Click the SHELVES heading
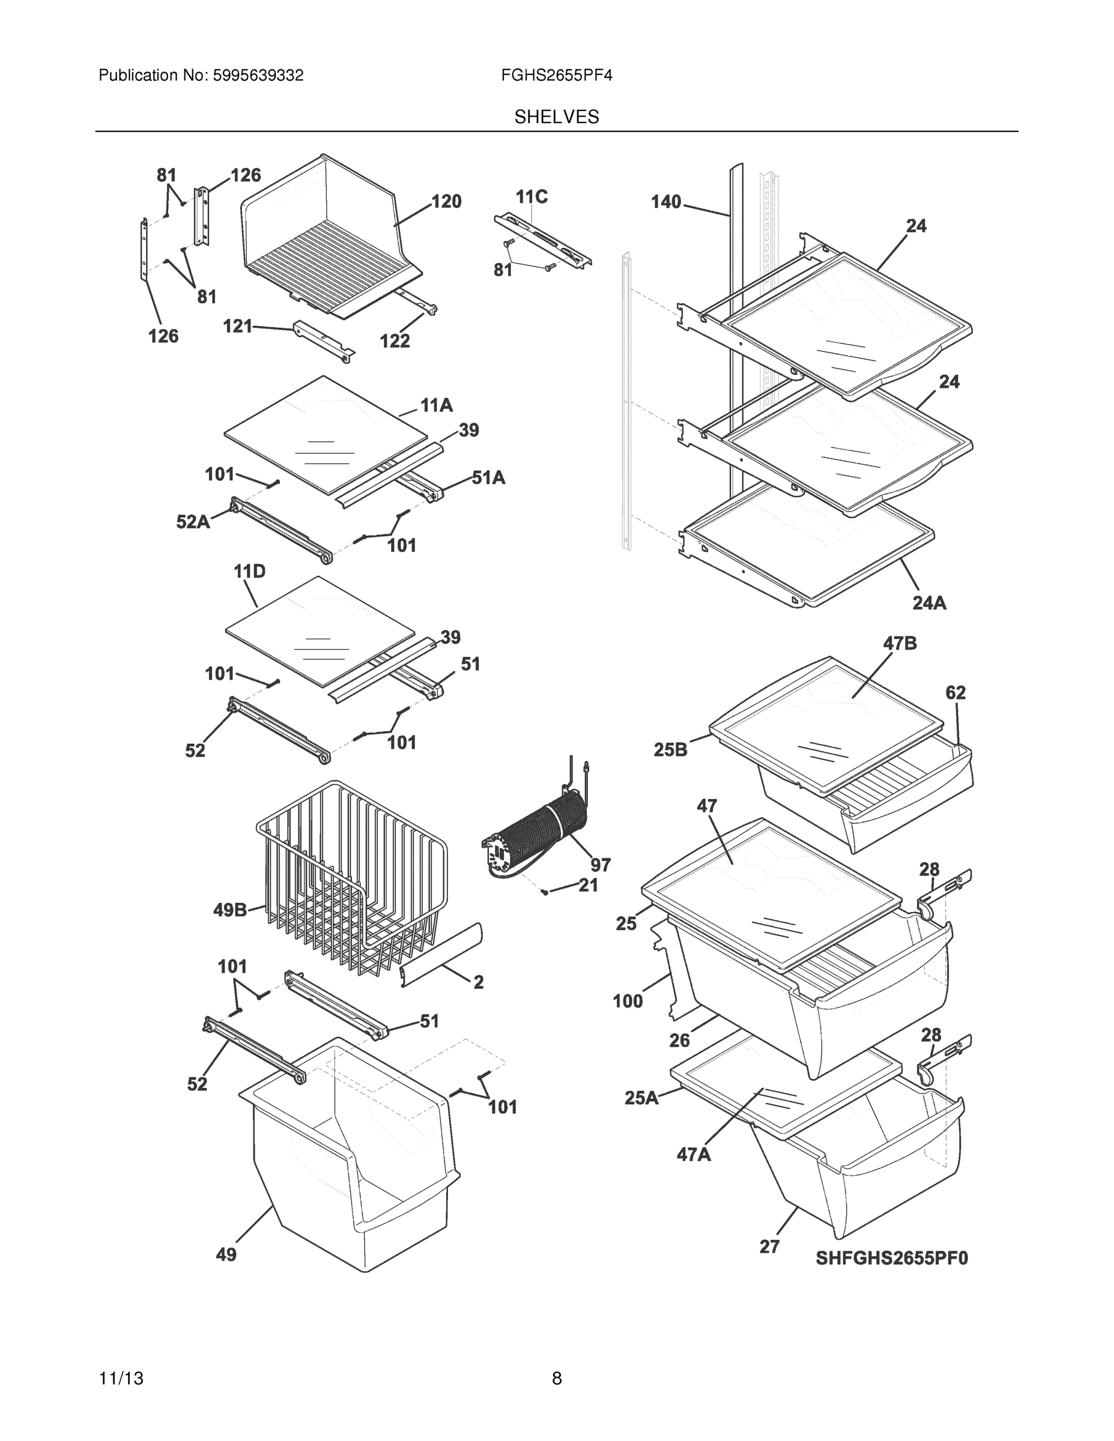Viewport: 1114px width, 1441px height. (556, 117)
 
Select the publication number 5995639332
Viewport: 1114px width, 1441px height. (258, 76)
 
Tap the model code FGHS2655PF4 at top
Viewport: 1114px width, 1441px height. (556, 76)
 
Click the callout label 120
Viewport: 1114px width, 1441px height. (446, 201)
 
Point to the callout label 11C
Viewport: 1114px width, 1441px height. (531, 196)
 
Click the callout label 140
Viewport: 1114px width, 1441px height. (665, 201)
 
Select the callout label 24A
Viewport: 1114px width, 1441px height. (929, 602)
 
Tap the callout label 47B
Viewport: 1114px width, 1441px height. (900, 643)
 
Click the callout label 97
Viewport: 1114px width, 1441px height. (600, 865)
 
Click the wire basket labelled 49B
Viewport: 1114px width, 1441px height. (350, 878)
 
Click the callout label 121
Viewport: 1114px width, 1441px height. (238, 326)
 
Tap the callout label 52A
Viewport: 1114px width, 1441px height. (193, 522)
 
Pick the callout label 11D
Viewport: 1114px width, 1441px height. (249, 572)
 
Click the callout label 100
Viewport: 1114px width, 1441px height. (627, 1001)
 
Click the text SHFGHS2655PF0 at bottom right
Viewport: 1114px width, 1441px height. (892, 1258)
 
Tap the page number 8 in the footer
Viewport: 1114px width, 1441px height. (556, 1379)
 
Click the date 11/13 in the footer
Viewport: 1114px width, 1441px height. (121, 1379)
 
